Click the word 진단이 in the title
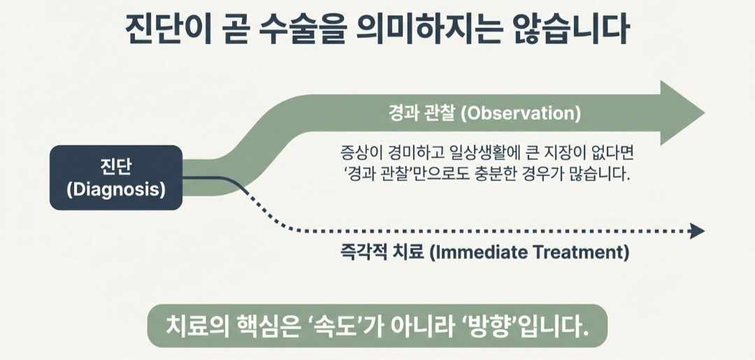[x=162, y=32]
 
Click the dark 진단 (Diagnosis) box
[x=116, y=178]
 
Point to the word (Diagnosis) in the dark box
[x=116, y=189]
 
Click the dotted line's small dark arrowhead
[x=697, y=231]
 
